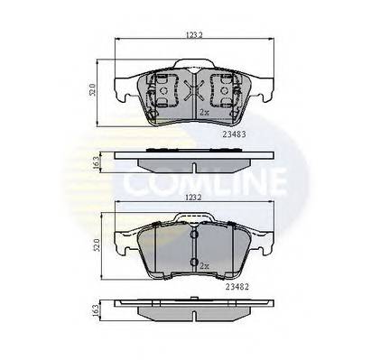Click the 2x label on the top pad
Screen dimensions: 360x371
click(x=204, y=113)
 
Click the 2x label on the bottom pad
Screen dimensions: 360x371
click(x=204, y=265)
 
